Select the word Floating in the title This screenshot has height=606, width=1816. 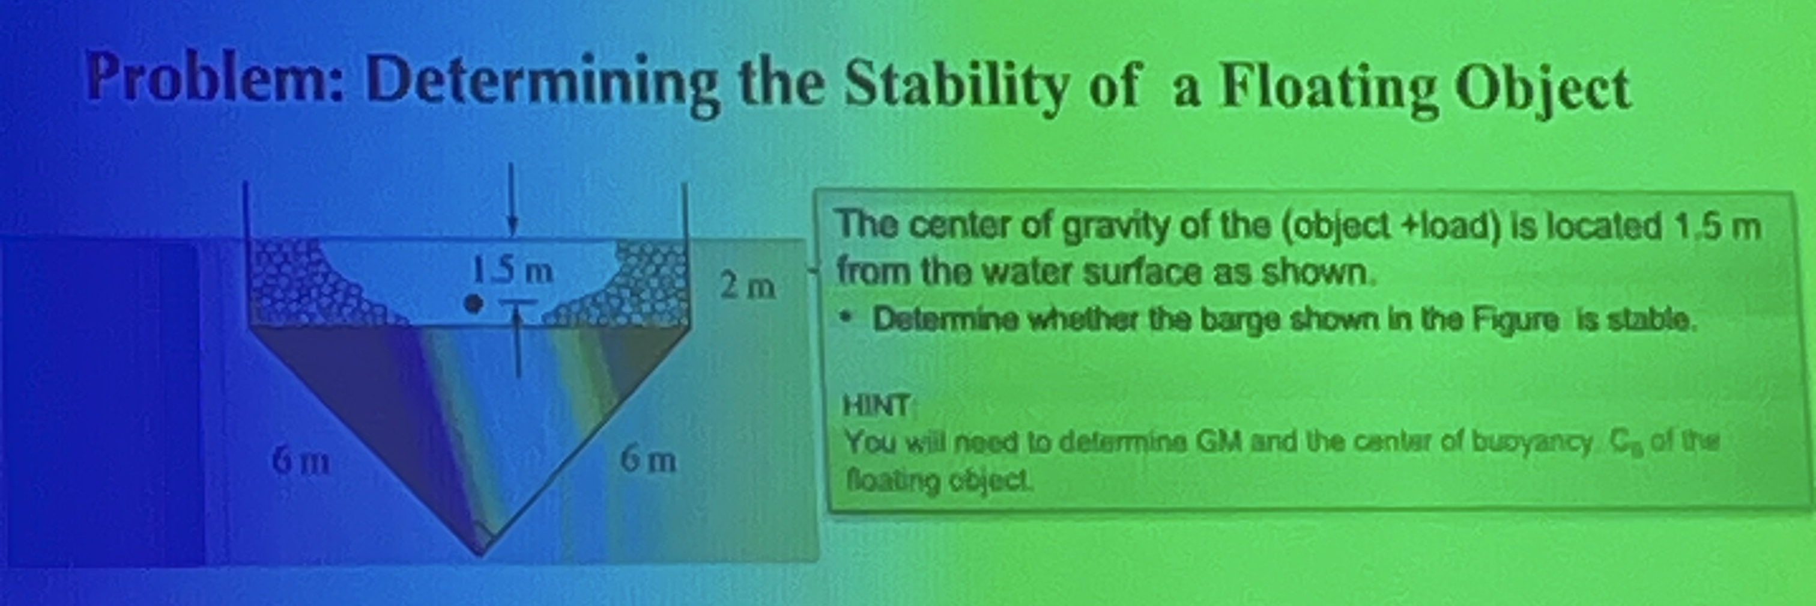point(1328,89)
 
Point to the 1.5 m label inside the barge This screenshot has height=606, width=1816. point(512,271)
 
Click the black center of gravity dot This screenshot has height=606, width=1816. point(474,304)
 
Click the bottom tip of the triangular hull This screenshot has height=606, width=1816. point(482,552)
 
